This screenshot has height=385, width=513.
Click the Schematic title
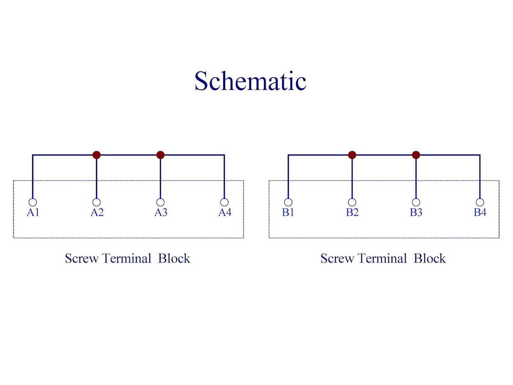[250, 81]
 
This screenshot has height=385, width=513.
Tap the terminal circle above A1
[33, 202]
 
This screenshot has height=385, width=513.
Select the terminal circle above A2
[97, 202]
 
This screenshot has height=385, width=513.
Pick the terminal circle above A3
[160, 202]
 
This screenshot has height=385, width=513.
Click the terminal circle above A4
[224, 202]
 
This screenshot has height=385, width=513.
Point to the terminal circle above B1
[288, 202]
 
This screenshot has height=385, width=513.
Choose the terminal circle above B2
[352, 202]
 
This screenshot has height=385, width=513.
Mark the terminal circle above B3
[416, 202]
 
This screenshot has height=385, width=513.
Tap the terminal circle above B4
[480, 202]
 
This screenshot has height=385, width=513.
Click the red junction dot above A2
[97, 155]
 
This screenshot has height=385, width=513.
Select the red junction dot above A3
[160, 155]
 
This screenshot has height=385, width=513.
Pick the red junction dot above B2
[352, 155]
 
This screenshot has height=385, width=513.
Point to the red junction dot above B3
[416, 155]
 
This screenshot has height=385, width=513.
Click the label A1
[33, 212]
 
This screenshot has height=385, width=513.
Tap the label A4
[225, 212]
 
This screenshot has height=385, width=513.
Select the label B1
[288, 212]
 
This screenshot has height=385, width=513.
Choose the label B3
[416, 212]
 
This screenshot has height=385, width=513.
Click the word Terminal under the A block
[126, 258]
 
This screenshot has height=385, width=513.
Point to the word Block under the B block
[430, 258]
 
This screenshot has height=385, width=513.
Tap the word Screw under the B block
[337, 258]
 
